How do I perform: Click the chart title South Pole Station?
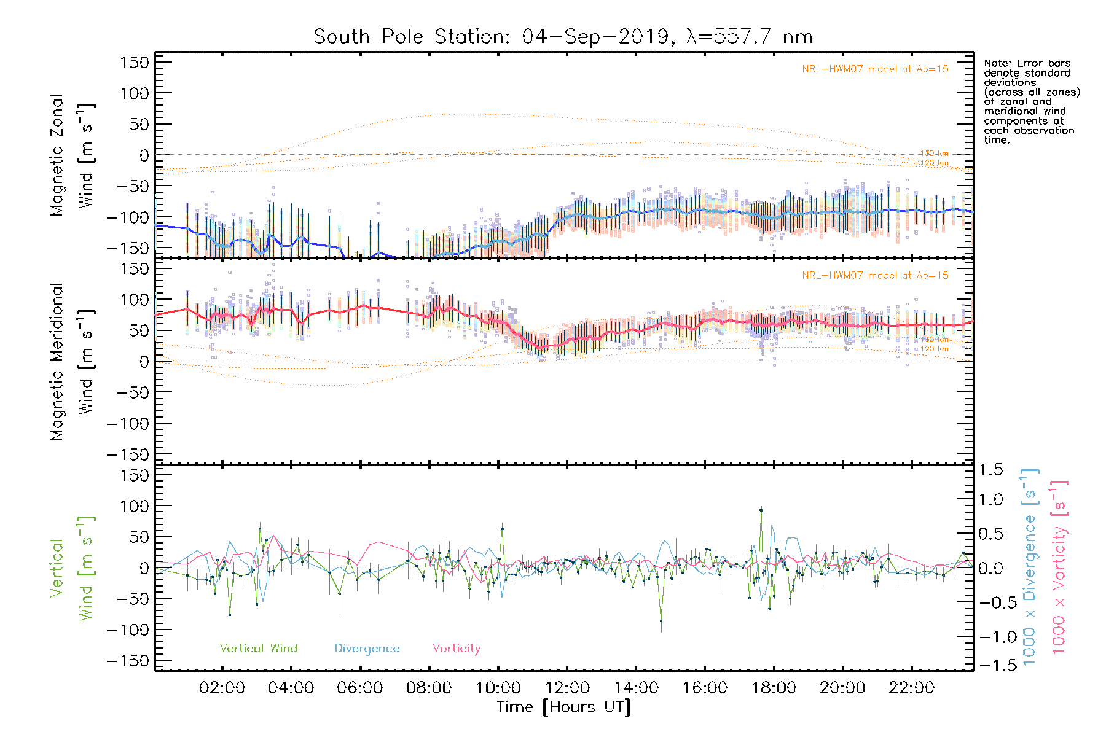click(563, 37)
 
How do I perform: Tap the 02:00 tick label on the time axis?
click(222, 688)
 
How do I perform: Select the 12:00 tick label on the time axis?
click(567, 688)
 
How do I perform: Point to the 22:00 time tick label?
click(911, 688)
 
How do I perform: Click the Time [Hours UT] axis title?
click(563, 707)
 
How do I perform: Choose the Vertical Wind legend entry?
click(258, 648)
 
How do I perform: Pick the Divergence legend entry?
click(367, 648)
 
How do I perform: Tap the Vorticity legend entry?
click(456, 648)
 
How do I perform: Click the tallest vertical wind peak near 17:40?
click(761, 509)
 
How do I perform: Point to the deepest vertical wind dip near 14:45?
click(661, 621)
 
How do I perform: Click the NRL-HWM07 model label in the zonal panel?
click(875, 69)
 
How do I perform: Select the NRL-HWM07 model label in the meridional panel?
click(875, 276)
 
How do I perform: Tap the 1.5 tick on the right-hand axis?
click(990, 470)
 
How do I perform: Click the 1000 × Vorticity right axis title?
click(1059, 566)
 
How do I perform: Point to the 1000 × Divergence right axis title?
click(1029, 566)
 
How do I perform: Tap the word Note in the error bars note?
click(996, 63)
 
